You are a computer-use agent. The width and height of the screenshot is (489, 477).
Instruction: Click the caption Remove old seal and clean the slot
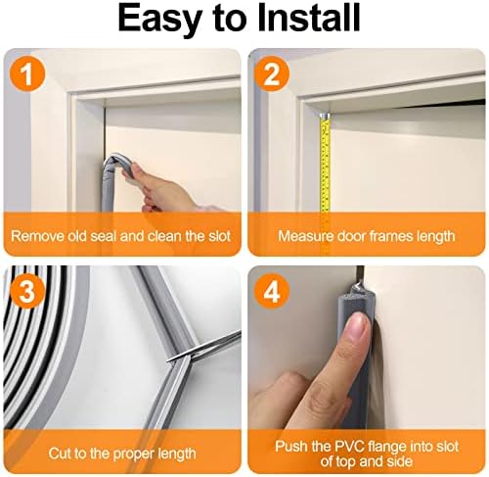tap(121, 236)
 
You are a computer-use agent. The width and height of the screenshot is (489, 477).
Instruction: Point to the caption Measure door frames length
tap(366, 236)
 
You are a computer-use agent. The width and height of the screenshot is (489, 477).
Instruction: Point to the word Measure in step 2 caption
tap(305, 236)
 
